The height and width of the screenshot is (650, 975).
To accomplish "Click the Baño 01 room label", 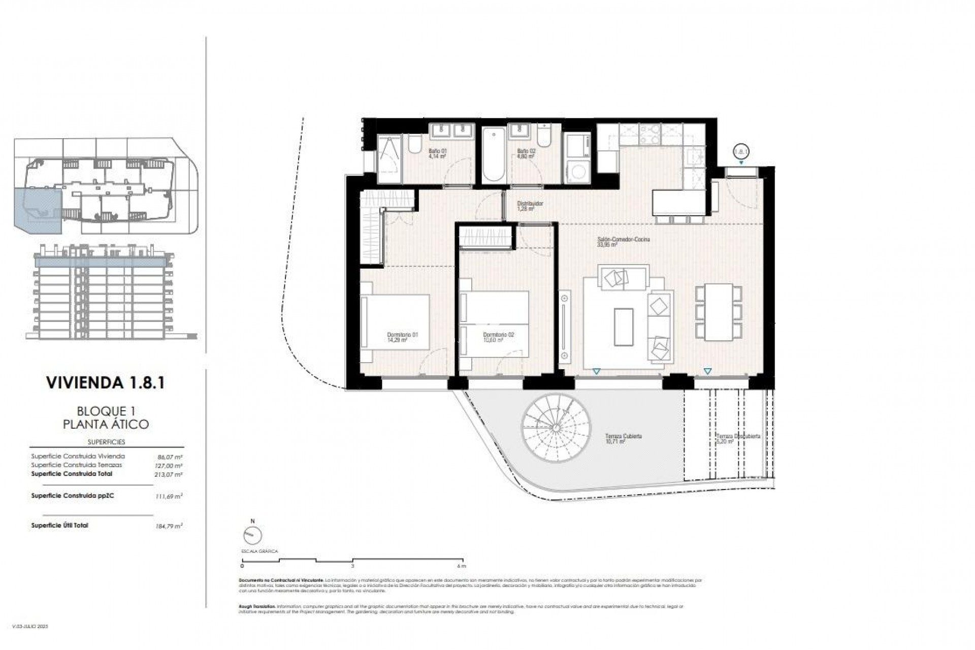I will click(x=437, y=153).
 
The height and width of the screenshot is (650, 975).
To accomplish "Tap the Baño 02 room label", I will click(x=526, y=153).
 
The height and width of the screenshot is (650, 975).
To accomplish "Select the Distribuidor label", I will click(x=530, y=206).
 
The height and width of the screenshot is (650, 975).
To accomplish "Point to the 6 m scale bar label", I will click(x=461, y=565).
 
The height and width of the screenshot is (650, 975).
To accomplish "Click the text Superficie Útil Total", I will click(x=59, y=525).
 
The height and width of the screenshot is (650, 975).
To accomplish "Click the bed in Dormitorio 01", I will click(x=395, y=328).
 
